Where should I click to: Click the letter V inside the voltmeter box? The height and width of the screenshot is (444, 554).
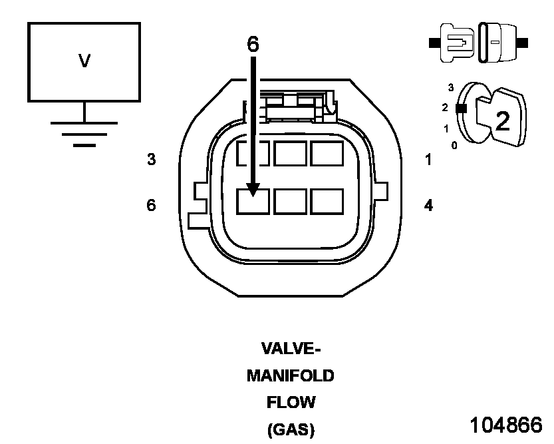[84, 61]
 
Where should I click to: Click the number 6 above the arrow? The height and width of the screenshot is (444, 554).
[253, 44]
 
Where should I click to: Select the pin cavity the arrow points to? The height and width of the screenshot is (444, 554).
[253, 201]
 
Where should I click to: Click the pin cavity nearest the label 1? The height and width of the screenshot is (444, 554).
[327, 154]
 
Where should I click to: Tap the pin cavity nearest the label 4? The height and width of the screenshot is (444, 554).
[327, 201]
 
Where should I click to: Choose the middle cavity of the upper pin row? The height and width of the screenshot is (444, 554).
[290, 154]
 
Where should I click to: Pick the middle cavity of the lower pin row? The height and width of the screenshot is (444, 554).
[290, 201]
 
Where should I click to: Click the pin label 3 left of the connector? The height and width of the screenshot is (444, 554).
[152, 160]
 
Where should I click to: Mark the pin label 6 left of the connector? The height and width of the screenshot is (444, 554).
[152, 206]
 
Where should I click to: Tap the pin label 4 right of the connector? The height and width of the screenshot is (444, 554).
[428, 206]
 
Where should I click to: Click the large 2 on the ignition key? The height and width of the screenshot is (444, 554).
[503, 120]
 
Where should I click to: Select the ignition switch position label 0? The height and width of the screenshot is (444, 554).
[454, 145]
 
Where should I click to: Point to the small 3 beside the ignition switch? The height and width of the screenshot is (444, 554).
[451, 88]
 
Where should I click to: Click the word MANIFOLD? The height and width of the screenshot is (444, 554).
[290, 376]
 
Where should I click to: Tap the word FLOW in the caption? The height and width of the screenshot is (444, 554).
[291, 403]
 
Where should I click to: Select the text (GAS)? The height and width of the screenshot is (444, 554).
[291, 430]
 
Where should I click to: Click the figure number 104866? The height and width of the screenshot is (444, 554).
[506, 425]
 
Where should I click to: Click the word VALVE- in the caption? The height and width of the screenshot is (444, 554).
[291, 349]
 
